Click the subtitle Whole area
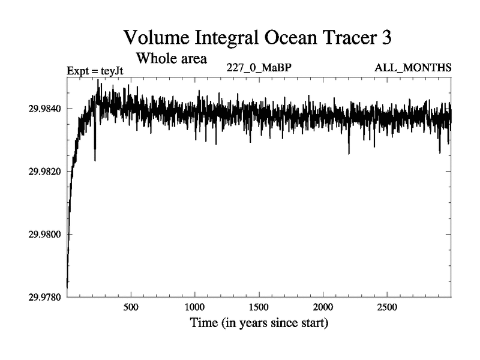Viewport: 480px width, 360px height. click(x=172, y=59)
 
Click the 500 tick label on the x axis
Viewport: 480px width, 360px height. click(x=131, y=308)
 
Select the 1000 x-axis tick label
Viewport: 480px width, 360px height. click(x=195, y=308)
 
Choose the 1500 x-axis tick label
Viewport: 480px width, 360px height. click(x=259, y=308)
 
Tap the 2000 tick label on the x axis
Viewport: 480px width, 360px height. click(x=323, y=308)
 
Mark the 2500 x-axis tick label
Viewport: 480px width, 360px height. click(x=387, y=308)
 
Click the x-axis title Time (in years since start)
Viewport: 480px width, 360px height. click(x=259, y=323)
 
